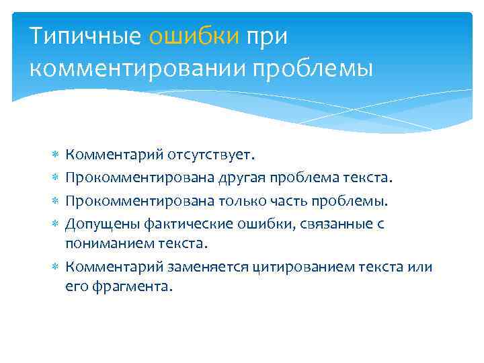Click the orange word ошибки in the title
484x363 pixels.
(194, 37)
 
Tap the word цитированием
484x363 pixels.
(297, 268)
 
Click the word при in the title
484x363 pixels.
(266, 37)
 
